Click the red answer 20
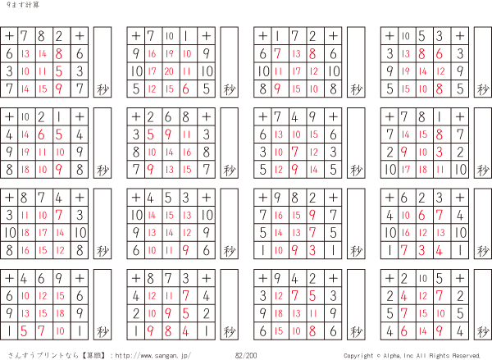[169, 71]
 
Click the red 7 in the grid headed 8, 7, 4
[61, 215]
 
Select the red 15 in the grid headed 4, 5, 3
[169, 215]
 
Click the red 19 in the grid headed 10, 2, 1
[25, 152]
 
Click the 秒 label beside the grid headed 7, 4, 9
[355, 170]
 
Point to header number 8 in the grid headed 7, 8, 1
[421, 116]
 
